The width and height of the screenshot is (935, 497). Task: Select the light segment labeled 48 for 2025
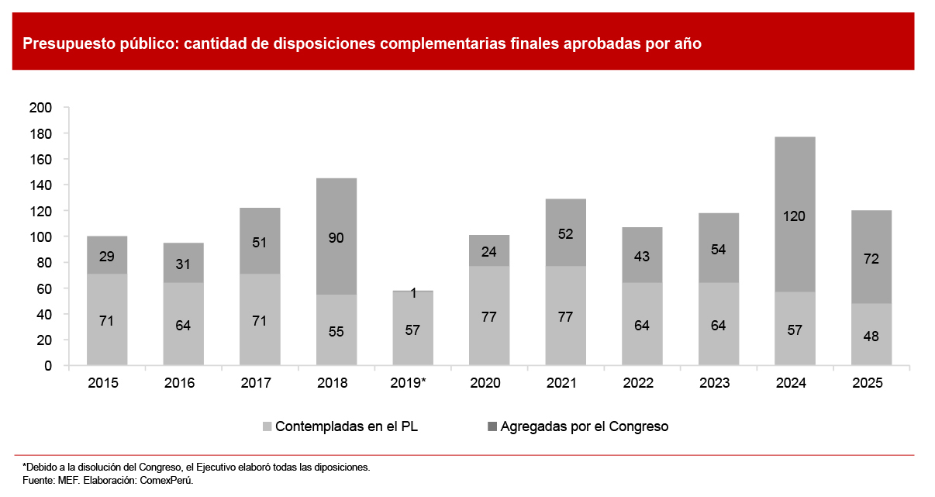click(871, 334)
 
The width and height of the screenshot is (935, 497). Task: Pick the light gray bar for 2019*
click(412, 330)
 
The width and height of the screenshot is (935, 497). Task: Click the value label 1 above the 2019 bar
click(413, 293)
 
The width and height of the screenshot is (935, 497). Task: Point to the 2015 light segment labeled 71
click(107, 319)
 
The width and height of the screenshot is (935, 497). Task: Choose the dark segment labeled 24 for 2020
click(489, 250)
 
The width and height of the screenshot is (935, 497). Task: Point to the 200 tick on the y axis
click(40, 108)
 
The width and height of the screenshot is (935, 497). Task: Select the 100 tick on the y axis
click(40, 236)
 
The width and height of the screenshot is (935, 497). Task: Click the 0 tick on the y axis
click(47, 365)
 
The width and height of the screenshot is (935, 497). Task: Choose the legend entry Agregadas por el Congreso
click(577, 426)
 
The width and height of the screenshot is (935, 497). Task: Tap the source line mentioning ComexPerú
click(108, 480)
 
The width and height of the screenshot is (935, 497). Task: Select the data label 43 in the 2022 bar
click(642, 255)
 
